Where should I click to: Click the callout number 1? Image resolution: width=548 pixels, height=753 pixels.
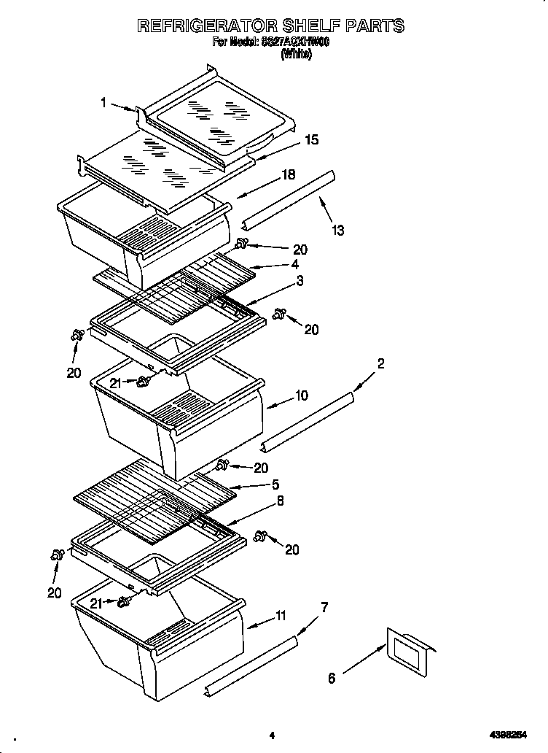[103, 103]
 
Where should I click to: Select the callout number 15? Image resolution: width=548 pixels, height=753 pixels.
[311, 139]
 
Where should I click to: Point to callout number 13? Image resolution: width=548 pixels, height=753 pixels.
[337, 231]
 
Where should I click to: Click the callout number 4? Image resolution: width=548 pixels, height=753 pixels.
[294, 265]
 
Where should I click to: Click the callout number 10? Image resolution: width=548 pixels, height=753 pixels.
[301, 395]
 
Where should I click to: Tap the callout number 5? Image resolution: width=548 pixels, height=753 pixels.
[275, 484]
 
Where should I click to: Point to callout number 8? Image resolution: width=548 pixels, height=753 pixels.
[280, 501]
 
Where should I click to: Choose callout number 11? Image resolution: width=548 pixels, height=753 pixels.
[281, 617]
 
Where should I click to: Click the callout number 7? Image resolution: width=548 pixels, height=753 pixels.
[324, 606]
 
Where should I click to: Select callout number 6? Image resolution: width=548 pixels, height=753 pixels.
[332, 678]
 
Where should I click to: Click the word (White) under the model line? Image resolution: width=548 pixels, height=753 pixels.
[296, 54]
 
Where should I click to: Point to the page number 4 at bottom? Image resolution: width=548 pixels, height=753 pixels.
[271, 735]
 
